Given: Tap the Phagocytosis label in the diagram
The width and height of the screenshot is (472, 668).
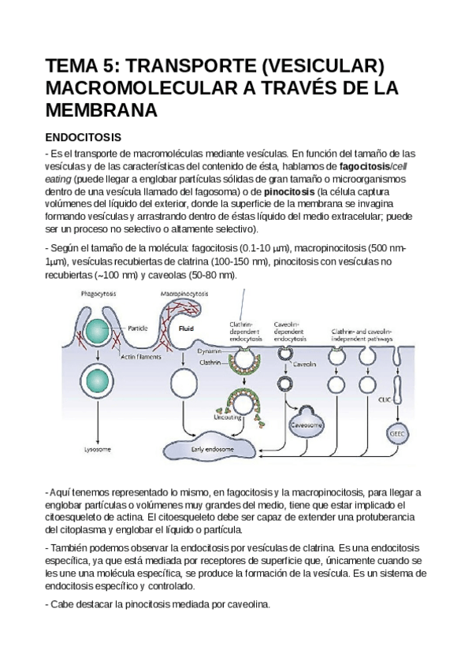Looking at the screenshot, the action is point(99,293).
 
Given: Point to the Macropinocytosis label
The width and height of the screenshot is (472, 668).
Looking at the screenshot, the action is point(184,293).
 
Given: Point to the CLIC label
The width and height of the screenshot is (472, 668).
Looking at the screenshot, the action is point(386,399).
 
